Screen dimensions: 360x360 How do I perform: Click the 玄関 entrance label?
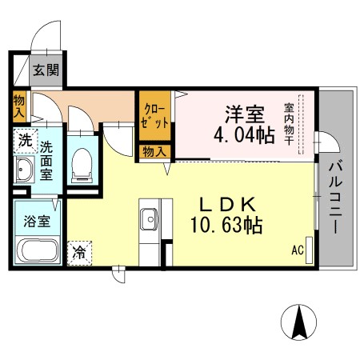tap(46, 70)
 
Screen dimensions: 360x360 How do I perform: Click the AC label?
tap(297, 250)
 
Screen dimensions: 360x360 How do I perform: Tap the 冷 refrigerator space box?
tap(80, 253)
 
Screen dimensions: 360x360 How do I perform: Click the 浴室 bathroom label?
tap(38, 221)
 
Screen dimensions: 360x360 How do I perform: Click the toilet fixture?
tap(80, 164)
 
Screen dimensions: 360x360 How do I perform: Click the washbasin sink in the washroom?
tap(24, 170)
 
